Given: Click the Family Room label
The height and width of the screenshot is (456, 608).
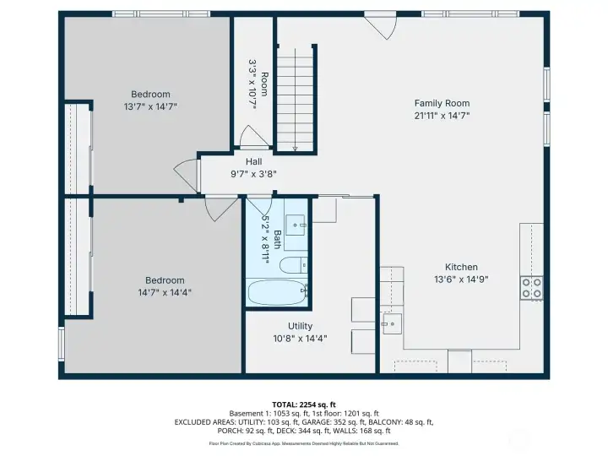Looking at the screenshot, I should (x=442, y=103).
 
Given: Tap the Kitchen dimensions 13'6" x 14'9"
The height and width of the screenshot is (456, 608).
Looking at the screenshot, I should (x=461, y=279).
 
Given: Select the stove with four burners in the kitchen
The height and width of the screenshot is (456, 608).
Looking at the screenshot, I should (x=532, y=288).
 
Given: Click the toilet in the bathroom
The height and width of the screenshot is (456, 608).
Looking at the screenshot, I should (x=290, y=268).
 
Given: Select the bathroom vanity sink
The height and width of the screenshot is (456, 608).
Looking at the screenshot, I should (x=295, y=223).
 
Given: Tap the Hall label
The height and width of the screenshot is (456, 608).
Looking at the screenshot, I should (x=253, y=161).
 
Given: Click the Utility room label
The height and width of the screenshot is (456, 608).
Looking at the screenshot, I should (x=300, y=326).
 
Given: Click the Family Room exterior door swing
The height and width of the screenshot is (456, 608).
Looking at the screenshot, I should (x=382, y=25).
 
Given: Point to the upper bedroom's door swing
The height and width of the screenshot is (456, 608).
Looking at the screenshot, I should (x=187, y=174).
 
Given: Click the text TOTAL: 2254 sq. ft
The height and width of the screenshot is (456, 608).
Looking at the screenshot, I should (x=303, y=404).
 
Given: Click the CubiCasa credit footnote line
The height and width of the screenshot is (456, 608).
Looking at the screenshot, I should (x=303, y=442).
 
